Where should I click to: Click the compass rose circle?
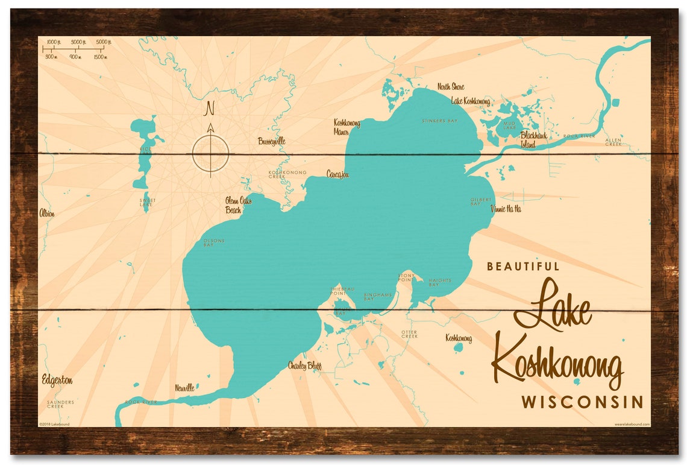[210, 153]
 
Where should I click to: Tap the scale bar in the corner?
[75, 49]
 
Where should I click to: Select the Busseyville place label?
[271, 141]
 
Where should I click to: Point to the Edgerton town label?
[57, 380]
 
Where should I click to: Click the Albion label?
[47, 213]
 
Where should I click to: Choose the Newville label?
[184, 388]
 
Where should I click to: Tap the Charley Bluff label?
[304, 365]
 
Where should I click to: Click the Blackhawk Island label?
[534, 139]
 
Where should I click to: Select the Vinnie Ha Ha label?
[506, 209]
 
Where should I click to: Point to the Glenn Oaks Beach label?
[234, 205]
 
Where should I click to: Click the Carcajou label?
[337, 174]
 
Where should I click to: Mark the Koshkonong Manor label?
[347, 126]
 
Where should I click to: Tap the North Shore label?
[451, 87]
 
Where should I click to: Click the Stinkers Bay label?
[439, 121]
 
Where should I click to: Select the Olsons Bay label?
[214, 243]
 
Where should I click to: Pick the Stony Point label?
[406, 277]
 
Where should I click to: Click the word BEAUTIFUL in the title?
[523, 266]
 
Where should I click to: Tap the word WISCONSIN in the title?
[582, 402]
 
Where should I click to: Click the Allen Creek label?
[613, 142]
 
